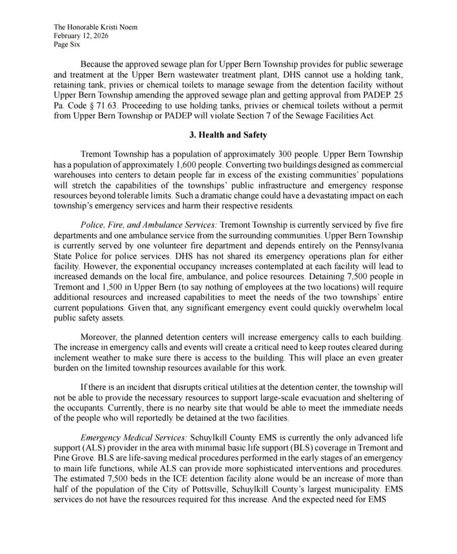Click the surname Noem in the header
pyautogui.click(x=127, y=27)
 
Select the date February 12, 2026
pyautogui.click(x=81, y=36)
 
